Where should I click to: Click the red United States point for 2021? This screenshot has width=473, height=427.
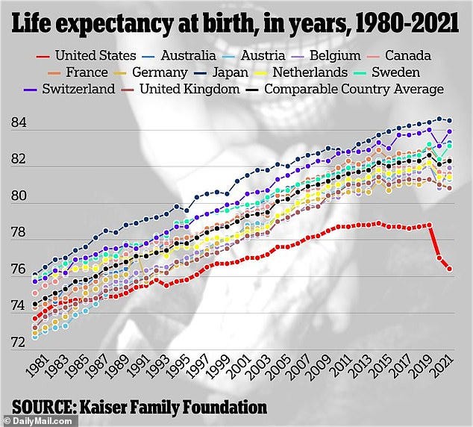[449, 269]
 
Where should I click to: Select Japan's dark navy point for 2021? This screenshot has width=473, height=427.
[449, 120]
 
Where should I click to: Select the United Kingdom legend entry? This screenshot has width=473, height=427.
[189, 90]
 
